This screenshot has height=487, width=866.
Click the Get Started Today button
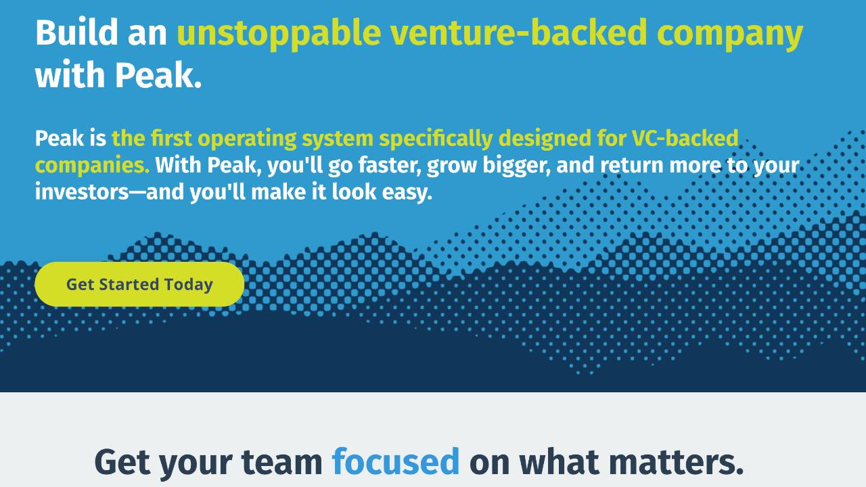pos(139,284)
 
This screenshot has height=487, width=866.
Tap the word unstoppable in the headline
pos(278,33)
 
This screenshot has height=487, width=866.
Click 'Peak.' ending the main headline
pos(158,75)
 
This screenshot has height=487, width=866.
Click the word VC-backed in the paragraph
pos(684,138)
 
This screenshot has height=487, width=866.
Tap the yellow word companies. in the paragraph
pos(92,166)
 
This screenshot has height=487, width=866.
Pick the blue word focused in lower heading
pos(395,461)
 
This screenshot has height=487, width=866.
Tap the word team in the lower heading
pos(281,461)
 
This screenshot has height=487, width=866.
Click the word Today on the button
pos(188,285)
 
